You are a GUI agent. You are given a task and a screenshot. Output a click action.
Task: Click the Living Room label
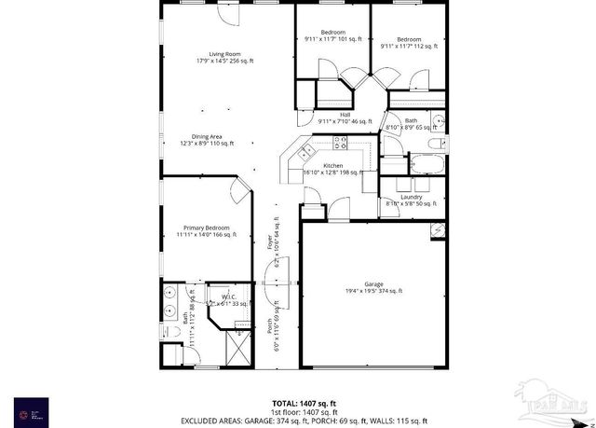coord(224,57)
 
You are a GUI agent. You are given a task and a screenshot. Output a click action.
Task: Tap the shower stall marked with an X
coord(237,351)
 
